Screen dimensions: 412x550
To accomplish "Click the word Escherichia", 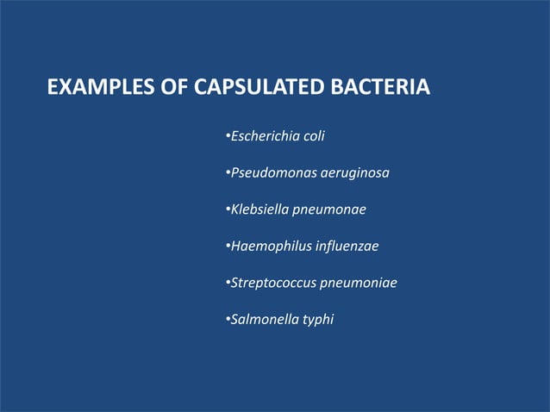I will tap(262, 136).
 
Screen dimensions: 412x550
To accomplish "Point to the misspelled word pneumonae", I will tap(329, 210).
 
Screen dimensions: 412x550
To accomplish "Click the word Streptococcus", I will tap(271, 283).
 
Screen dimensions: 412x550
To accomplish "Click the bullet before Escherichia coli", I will tap(226, 136).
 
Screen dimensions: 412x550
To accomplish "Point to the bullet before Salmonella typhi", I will tap(226, 320).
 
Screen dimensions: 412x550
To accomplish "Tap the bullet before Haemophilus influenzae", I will tap(226, 247).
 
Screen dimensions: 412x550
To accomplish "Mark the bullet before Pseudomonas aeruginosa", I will tap(226, 173).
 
